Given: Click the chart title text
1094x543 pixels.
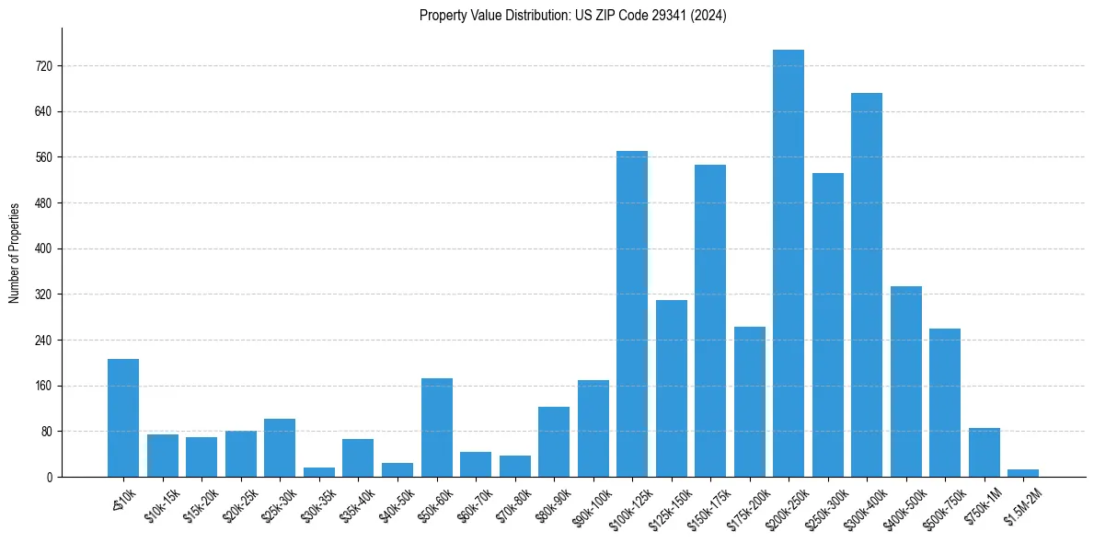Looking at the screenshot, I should pyautogui.click(x=572, y=15).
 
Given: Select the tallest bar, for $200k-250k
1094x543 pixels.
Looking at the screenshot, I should pyautogui.click(x=789, y=263).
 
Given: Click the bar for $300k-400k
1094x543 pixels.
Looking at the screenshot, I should pyautogui.click(x=867, y=285).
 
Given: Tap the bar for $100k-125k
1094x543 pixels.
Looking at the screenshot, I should pyautogui.click(x=632, y=314).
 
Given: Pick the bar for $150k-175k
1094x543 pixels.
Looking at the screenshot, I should pyautogui.click(x=710, y=321).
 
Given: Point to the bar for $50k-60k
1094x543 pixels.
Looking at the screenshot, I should pyautogui.click(x=437, y=428).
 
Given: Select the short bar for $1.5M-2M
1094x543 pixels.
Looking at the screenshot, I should pyautogui.click(x=1023, y=473).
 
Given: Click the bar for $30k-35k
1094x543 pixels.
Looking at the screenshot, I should pyautogui.click(x=319, y=472).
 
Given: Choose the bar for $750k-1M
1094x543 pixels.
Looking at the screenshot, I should pyautogui.click(x=985, y=453).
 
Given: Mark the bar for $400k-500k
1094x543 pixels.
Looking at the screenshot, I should pyautogui.click(x=906, y=382).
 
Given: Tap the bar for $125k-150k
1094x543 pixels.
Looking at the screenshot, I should pyautogui.click(x=672, y=388).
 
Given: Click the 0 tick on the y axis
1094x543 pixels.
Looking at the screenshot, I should pyautogui.click(x=50, y=477).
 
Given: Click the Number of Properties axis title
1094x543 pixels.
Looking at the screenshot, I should pyautogui.click(x=15, y=252).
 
